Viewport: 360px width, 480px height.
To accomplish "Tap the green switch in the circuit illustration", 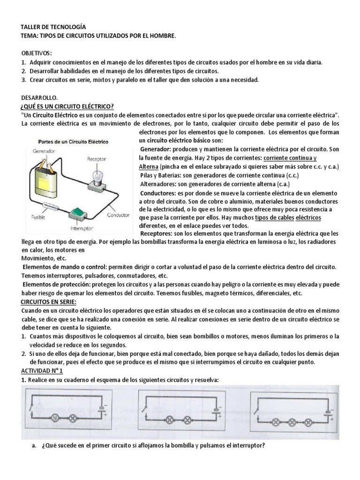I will pyautogui.click(x=78, y=214).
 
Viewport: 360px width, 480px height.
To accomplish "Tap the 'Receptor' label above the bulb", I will pyautogui.click(x=97, y=159).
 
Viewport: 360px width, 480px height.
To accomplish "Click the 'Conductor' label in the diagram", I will pyautogui.click(x=118, y=215).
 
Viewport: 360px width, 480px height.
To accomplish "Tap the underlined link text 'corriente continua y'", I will pyautogui.click(x=290, y=158).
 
